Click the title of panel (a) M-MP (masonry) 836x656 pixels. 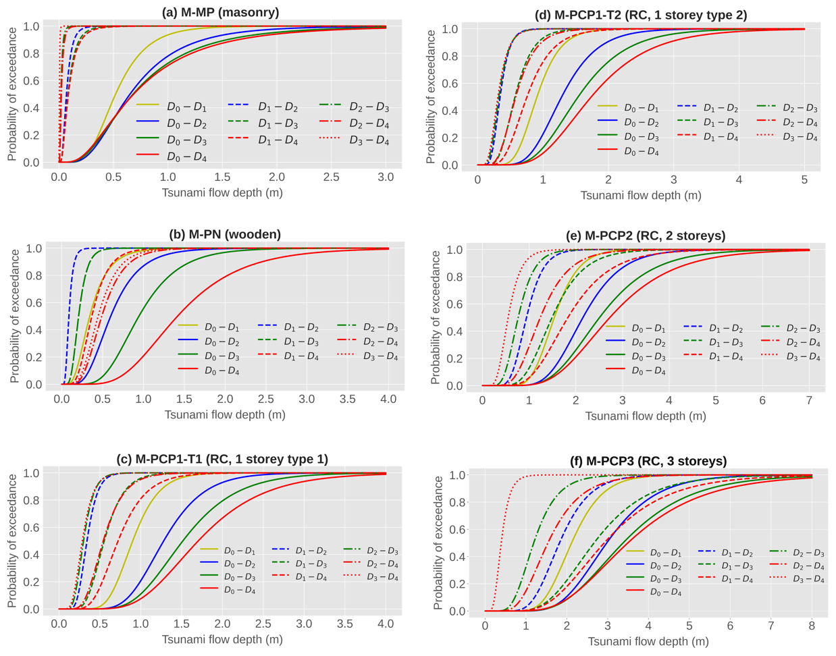(x=221, y=12)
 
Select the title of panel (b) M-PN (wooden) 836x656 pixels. (x=225, y=234)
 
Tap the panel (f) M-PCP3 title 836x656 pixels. (x=648, y=461)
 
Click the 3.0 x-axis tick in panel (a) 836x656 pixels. (x=386, y=177)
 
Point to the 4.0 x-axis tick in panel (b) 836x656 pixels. (x=388, y=399)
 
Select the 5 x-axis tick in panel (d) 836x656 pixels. (x=804, y=180)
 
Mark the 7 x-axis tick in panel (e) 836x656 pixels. (x=809, y=400)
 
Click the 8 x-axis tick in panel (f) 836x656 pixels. (x=812, y=626)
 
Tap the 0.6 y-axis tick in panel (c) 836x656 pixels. (x=31, y=528)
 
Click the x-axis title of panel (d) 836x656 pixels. (x=641, y=196)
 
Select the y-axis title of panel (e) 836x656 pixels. (x=436, y=317)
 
